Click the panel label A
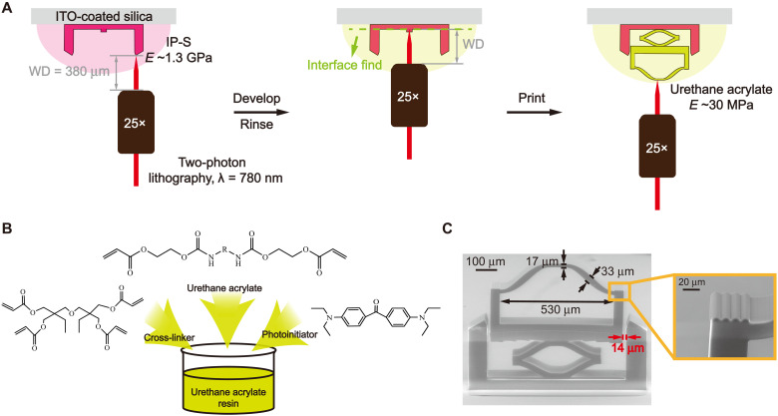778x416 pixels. click(8, 8)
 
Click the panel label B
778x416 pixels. click(8, 229)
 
